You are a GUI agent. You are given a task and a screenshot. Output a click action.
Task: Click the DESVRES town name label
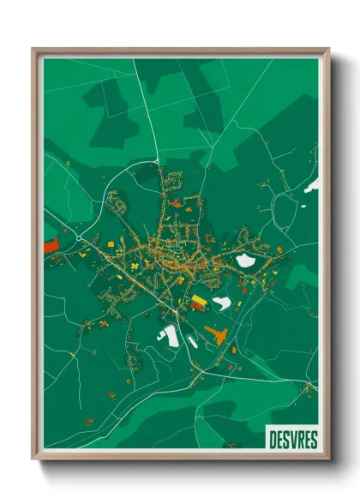(292, 438)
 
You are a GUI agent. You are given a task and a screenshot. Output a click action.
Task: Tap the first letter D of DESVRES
(273, 438)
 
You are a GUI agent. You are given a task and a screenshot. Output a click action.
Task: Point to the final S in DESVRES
(313, 438)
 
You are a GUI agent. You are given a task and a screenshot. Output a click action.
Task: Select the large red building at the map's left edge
(49, 244)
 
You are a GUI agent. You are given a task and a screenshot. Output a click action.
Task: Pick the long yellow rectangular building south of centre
(199, 300)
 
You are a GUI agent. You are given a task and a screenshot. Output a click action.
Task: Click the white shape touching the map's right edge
(313, 183)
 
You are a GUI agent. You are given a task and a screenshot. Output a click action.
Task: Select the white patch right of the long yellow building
(222, 302)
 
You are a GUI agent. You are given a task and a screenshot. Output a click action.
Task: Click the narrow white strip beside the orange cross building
(193, 341)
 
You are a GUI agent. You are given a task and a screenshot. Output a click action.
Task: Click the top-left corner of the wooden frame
(33, 49)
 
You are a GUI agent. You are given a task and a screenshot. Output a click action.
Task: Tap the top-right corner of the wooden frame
(328, 49)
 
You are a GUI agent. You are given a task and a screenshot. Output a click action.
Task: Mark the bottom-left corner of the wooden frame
(33, 460)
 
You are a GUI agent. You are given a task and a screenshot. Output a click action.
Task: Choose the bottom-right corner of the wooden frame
(328, 460)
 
